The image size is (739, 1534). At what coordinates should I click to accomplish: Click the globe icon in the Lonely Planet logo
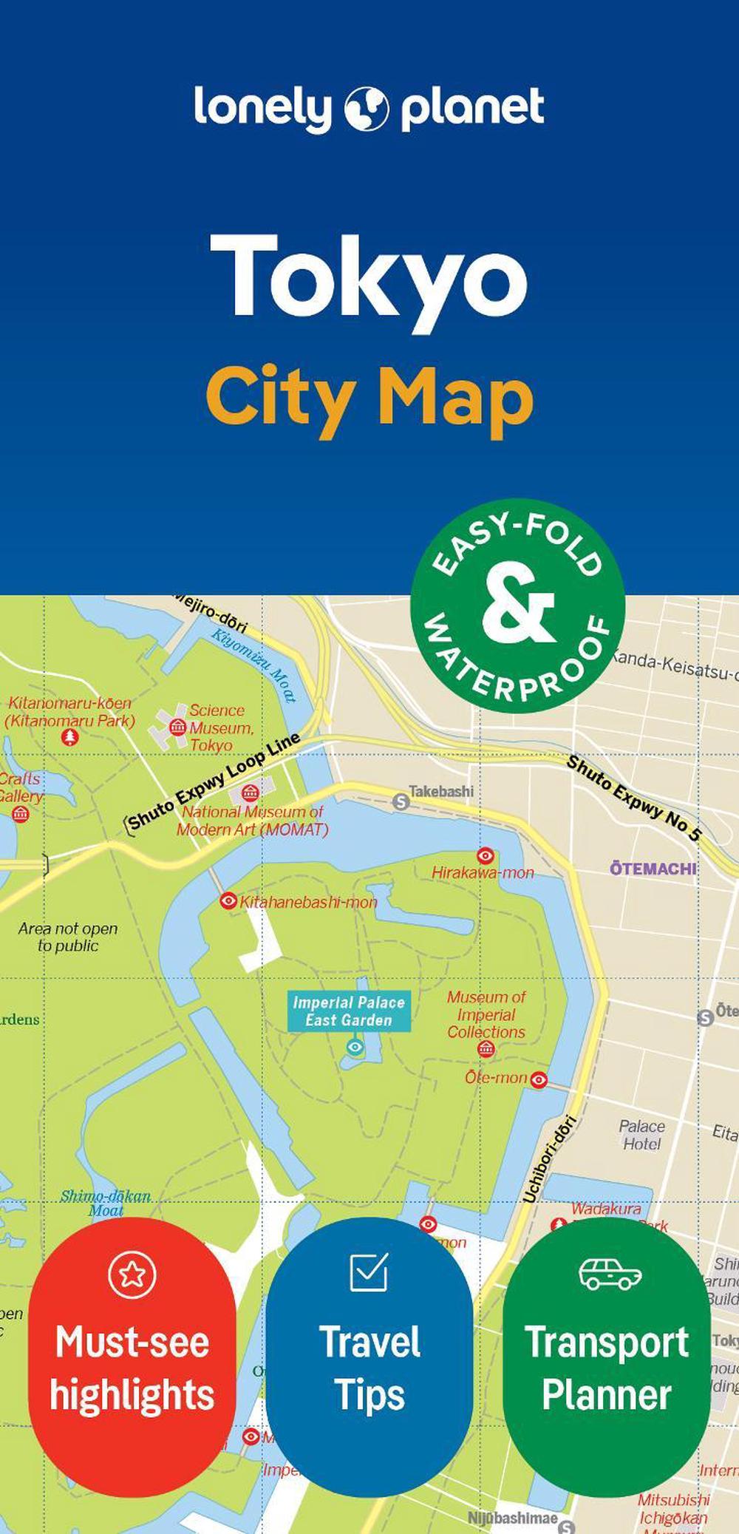pyautogui.click(x=367, y=109)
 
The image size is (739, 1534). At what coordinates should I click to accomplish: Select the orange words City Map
pyautogui.click(x=369, y=398)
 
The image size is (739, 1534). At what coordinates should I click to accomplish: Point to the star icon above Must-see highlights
pyautogui.click(x=132, y=1273)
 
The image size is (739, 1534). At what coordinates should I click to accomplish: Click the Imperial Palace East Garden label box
pyautogui.click(x=349, y=1011)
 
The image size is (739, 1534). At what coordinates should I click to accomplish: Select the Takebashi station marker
pyautogui.click(x=401, y=801)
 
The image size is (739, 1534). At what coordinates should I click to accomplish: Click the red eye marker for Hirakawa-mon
pyautogui.click(x=486, y=855)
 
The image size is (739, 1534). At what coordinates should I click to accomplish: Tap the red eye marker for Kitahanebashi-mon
pyautogui.click(x=228, y=900)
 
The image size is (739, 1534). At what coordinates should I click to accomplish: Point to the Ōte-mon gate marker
pyautogui.click(x=539, y=1080)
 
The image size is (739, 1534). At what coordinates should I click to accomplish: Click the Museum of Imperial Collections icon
pyautogui.click(x=486, y=1048)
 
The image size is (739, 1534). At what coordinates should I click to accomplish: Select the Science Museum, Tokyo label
pyautogui.click(x=220, y=727)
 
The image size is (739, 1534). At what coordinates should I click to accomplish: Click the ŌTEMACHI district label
pyautogui.click(x=653, y=869)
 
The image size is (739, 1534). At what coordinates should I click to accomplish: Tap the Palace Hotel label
pyautogui.click(x=641, y=1135)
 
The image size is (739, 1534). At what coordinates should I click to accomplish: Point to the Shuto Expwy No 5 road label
pyautogui.click(x=633, y=799)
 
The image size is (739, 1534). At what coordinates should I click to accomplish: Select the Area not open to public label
pyautogui.click(x=68, y=937)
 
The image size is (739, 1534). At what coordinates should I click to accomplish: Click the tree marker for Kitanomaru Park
pyautogui.click(x=69, y=736)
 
